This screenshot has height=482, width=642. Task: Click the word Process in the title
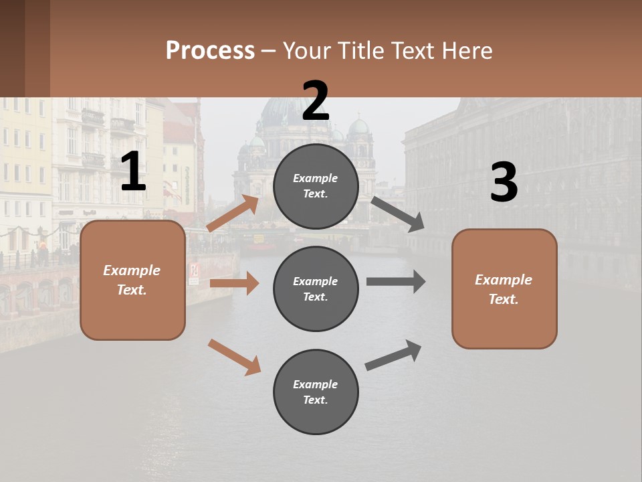tap(210, 51)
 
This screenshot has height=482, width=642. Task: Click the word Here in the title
tap(466, 51)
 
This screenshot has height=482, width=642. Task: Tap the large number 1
tap(133, 172)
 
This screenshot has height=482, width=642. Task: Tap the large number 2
tap(316, 101)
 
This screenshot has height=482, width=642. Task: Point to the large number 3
tap(504, 183)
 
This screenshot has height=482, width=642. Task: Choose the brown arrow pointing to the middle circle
tap(234, 283)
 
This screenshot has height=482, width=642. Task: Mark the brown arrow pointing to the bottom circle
tap(234, 356)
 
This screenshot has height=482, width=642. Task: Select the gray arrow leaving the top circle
tap(397, 214)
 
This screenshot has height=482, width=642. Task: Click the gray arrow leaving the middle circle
tap(395, 282)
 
